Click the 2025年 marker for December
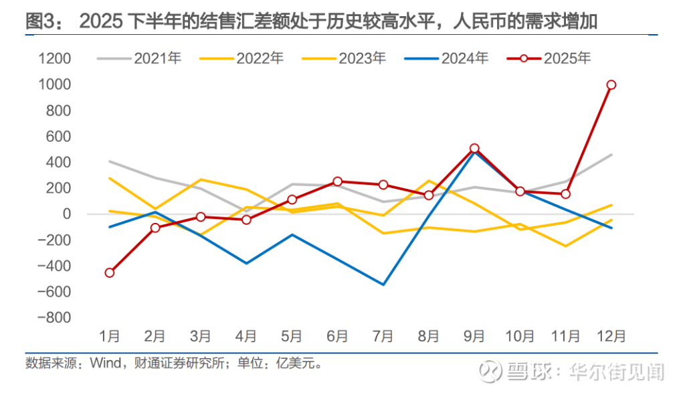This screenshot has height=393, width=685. (611, 85)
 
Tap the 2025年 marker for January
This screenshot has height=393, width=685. (110, 272)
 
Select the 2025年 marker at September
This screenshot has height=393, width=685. (474, 148)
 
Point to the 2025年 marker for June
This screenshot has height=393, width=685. (338, 181)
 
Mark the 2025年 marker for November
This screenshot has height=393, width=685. (565, 194)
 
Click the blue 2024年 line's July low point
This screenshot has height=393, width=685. (383, 285)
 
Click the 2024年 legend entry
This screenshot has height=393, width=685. (446, 58)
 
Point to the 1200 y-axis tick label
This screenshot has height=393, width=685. (55, 59)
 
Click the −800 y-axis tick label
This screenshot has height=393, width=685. (54, 318)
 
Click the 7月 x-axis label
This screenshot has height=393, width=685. (383, 335)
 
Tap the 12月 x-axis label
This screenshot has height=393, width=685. (611, 335)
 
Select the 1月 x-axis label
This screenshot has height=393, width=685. (110, 335)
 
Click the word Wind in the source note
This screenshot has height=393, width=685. (104, 366)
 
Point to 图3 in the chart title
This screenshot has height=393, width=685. (42, 21)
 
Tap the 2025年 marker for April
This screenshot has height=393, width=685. (246, 220)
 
